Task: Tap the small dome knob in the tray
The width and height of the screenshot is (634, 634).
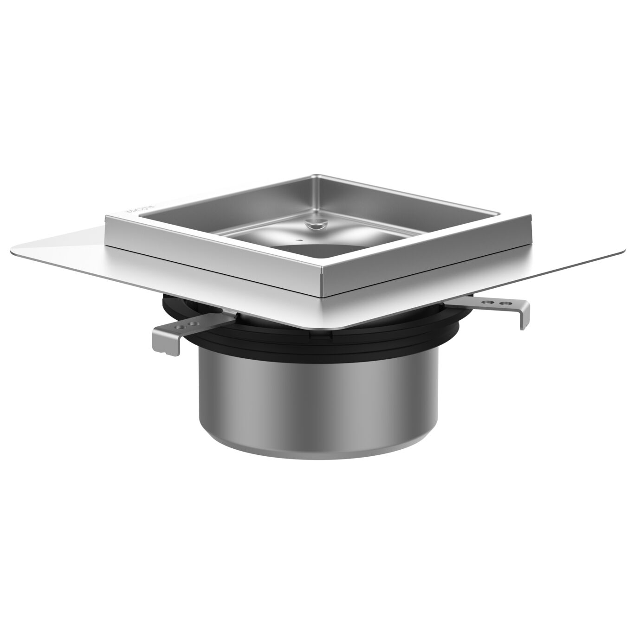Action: [x=315, y=224]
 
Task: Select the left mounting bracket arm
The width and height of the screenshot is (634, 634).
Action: [x=195, y=323]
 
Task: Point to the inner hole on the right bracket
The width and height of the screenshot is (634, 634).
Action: [x=486, y=302]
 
